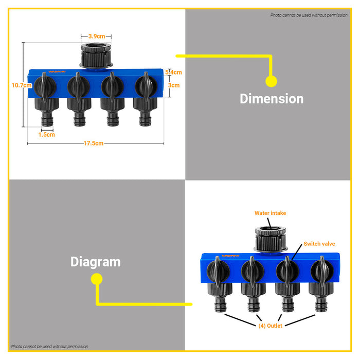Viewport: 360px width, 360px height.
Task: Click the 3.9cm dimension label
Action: point(97,37)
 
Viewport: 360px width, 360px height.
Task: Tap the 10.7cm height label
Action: point(22,85)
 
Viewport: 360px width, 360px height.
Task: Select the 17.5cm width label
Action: point(94,143)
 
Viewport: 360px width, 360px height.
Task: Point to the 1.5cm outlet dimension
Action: point(47,135)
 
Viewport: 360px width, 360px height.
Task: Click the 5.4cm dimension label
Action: point(174,73)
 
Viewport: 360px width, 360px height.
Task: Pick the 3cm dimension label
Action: point(174,85)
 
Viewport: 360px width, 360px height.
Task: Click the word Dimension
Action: point(272,99)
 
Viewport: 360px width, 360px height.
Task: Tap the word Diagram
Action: point(96,262)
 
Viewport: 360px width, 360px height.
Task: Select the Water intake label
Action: point(270,213)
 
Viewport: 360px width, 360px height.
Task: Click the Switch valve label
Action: point(319,244)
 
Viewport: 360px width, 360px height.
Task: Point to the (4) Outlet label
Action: point(270,326)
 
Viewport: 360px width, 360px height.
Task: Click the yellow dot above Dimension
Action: point(271,81)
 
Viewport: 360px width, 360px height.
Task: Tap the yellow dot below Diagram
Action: point(97,279)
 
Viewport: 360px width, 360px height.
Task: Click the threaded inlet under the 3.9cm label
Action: point(96,56)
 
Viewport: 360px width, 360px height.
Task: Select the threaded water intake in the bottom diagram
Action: point(271,239)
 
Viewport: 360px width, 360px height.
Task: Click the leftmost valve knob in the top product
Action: point(45,86)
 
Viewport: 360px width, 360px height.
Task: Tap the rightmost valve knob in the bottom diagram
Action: point(322,271)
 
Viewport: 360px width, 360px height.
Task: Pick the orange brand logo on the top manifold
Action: point(57,71)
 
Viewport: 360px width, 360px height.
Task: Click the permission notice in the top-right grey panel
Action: point(309,15)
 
